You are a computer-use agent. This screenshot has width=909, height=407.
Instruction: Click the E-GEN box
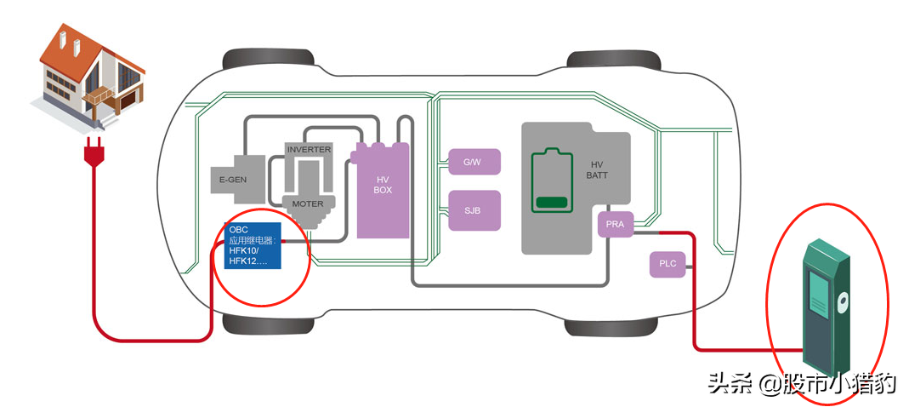[232, 179]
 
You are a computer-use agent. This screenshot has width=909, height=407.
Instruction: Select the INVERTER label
[308, 149]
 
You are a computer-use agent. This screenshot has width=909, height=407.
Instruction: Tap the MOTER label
[308, 204]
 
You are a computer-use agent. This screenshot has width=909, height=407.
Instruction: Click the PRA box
[615, 226]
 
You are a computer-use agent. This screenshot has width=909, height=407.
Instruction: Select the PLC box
[668, 264]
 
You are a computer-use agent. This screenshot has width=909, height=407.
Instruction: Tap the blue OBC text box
[252, 245]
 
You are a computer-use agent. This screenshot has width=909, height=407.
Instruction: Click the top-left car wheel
[254, 61]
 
